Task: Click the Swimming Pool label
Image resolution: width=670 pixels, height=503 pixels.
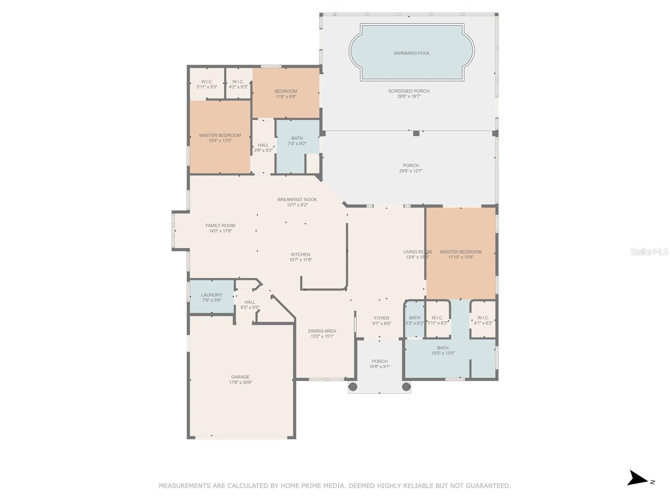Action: coord(411,53)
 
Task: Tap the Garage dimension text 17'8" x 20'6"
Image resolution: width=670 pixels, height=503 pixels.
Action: coord(240,382)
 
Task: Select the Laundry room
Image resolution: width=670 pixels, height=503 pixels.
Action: coord(211,297)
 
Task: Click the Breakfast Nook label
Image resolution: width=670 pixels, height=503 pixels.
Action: coord(297,200)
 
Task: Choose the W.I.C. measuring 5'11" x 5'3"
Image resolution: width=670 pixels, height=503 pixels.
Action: coord(207,84)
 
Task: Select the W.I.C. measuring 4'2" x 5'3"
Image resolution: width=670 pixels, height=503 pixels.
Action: coord(238,84)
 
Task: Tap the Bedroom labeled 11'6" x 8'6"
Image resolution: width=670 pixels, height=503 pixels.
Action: coord(286,93)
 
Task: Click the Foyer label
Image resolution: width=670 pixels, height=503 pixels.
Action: coord(381,318)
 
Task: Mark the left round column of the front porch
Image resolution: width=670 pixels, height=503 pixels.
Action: coord(353,386)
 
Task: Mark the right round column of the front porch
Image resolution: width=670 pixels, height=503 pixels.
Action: coord(406,386)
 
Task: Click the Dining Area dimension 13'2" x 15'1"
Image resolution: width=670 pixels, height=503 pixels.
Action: coord(322,336)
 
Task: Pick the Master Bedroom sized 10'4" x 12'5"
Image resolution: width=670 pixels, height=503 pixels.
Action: coord(220,138)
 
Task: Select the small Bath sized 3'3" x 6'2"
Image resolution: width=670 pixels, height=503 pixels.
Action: coord(415,320)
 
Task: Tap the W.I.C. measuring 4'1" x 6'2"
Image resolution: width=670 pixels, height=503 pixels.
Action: coord(483,320)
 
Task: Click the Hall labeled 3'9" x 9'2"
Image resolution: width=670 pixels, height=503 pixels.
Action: coord(263,148)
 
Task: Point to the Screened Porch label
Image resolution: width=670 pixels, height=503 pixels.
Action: coord(409,91)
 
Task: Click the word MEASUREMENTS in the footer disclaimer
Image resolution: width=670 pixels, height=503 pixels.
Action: coord(185,486)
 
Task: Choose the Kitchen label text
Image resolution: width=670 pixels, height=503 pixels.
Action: coord(300,254)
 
